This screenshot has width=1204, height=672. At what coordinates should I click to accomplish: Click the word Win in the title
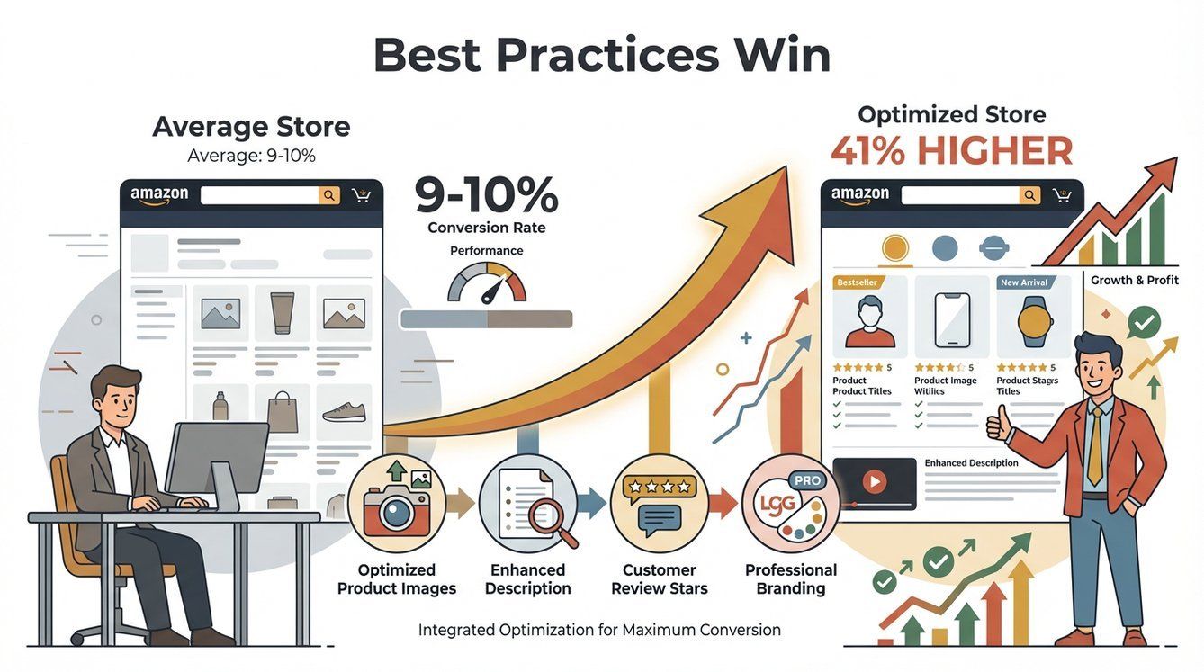[x=781, y=56]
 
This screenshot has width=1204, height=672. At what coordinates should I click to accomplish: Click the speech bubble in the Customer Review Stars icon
[x=660, y=519]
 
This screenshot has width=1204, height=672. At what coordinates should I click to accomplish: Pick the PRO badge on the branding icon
[x=807, y=480]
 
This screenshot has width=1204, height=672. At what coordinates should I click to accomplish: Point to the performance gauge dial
[x=487, y=284]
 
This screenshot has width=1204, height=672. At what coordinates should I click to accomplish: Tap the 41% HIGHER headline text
[x=951, y=151]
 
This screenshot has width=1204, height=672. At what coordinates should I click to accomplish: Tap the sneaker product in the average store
[x=344, y=412]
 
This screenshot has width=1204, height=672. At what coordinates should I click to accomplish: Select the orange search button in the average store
[x=329, y=195]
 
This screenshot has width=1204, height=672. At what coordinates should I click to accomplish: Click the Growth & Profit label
[x=1134, y=280]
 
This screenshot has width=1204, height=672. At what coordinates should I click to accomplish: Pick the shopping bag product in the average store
[x=282, y=412]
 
